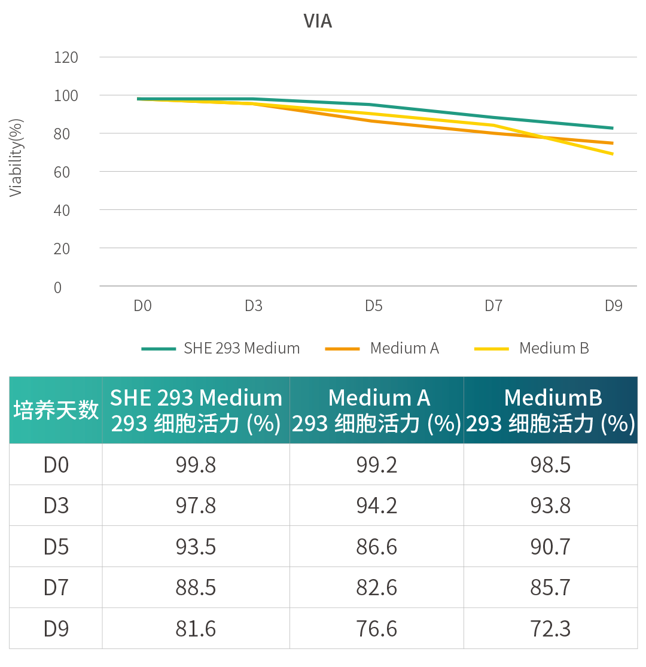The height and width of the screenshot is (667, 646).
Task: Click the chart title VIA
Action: click(x=318, y=22)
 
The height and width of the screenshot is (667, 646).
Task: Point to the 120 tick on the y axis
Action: click(x=66, y=57)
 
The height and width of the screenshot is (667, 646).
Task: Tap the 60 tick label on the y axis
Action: click(x=62, y=172)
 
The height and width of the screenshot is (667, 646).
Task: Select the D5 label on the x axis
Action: click(x=373, y=306)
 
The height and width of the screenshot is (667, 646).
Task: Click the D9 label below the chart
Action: click(x=613, y=306)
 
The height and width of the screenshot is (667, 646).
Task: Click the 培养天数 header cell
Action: click(x=56, y=410)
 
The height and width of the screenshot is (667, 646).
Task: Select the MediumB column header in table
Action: click(x=551, y=410)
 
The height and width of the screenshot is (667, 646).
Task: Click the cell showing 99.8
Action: click(x=196, y=465)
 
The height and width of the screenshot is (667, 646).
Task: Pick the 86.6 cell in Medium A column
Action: click(x=376, y=547)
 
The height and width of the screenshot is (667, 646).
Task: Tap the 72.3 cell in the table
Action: click(x=550, y=629)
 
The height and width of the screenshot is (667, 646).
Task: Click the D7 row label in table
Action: click(x=56, y=587)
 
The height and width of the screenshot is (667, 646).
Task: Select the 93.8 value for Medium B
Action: click(x=550, y=505)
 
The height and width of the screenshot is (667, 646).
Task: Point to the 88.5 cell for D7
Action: click(x=196, y=587)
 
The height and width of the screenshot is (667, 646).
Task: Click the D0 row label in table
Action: click(x=56, y=465)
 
